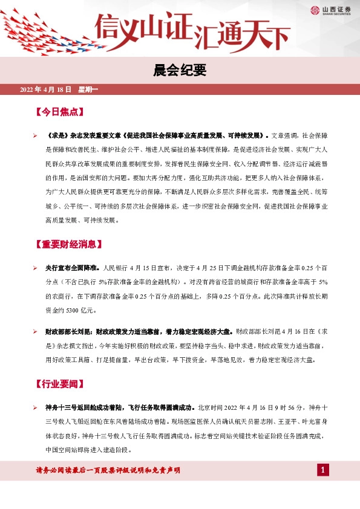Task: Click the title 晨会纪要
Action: point(180,71)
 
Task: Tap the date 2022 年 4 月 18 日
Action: point(46,90)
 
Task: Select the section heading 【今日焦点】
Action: point(59,112)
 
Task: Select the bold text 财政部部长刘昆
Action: point(69,332)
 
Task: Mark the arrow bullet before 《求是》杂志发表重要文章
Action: point(35,135)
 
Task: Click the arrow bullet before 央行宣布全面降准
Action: point(35,267)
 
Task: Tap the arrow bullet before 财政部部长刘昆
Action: point(35,332)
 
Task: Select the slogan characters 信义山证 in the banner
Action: point(143,28)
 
